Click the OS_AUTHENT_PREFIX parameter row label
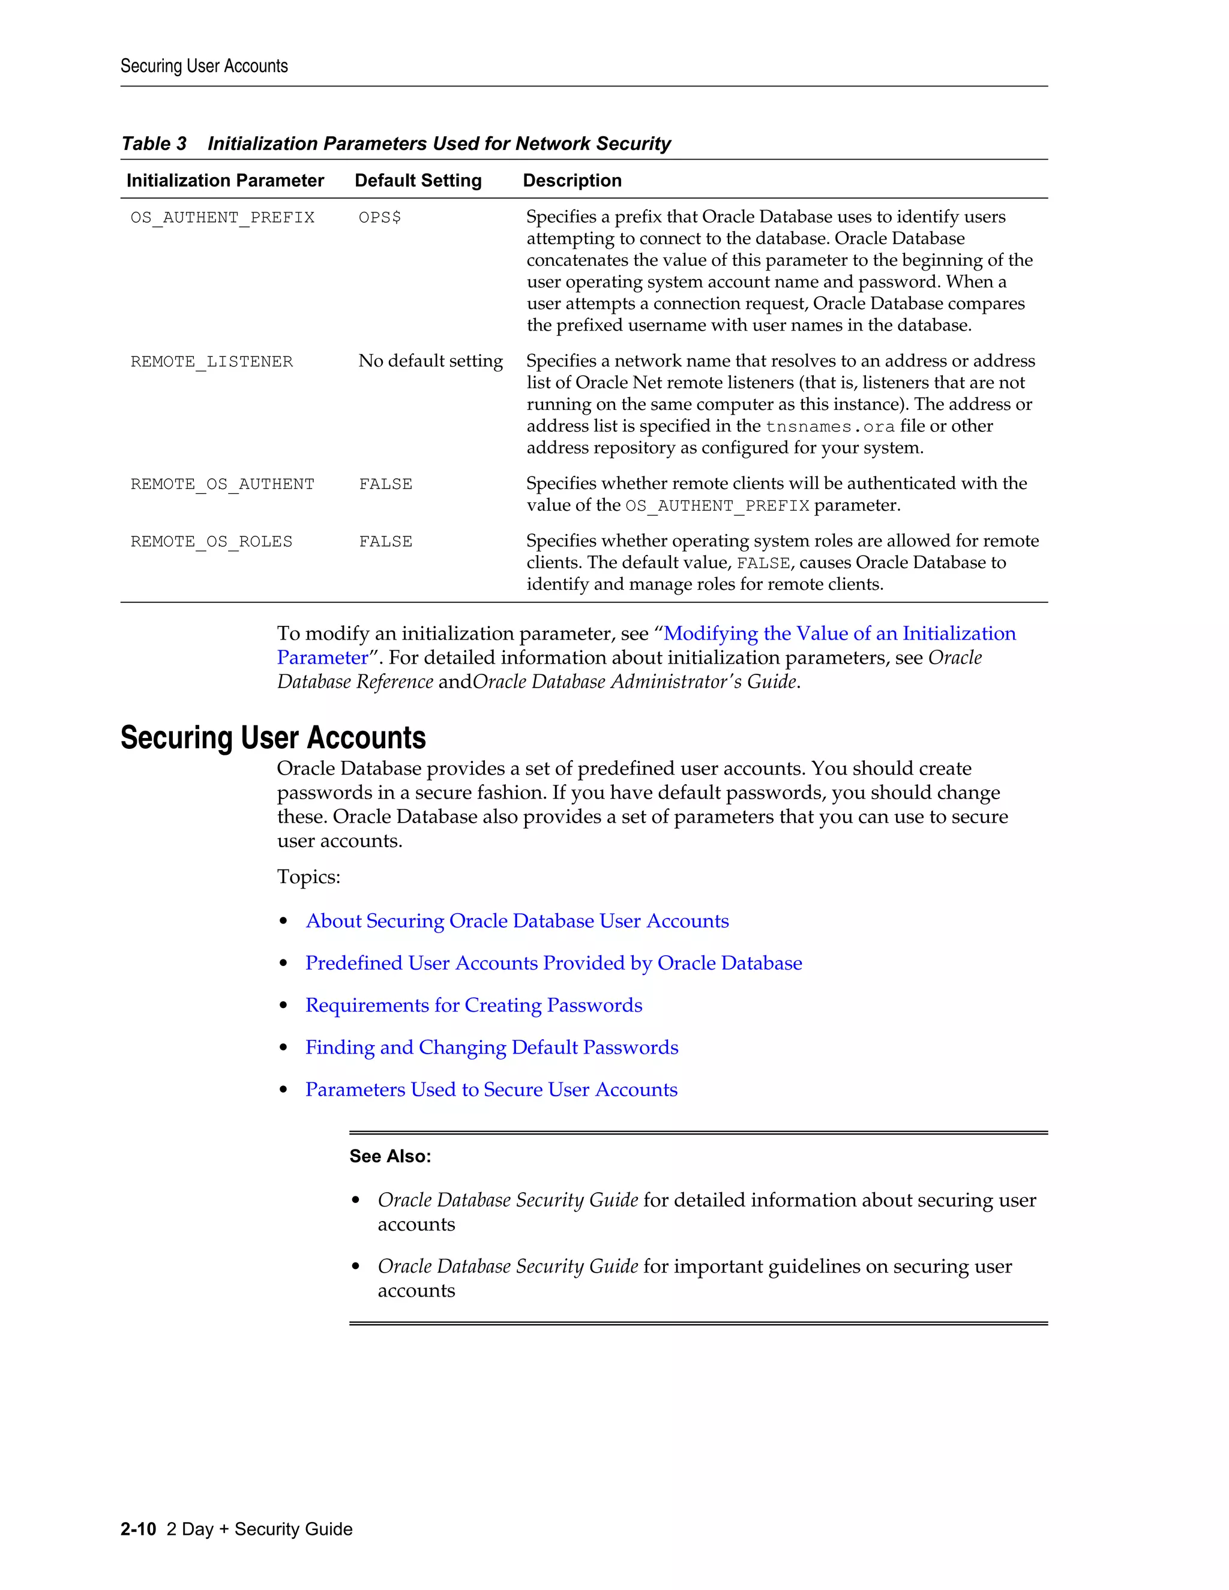click(x=222, y=218)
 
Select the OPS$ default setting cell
click(x=379, y=218)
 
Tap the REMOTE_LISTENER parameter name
click(x=211, y=362)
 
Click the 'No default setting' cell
click(x=430, y=361)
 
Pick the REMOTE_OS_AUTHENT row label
click(x=222, y=484)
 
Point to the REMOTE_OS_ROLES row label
click(x=211, y=542)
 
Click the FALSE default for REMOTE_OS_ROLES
click(x=385, y=542)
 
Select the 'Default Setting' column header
click(x=418, y=181)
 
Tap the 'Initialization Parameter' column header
click(x=225, y=181)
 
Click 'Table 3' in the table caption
click(x=154, y=143)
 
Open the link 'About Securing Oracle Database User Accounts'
click(x=517, y=921)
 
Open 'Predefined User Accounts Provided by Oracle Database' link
click(x=553, y=963)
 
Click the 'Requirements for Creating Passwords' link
click(x=473, y=1006)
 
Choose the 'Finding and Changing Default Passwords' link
click(x=491, y=1048)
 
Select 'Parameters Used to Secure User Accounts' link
click(x=491, y=1090)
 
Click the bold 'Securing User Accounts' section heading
click(x=273, y=737)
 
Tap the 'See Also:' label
click(x=390, y=1156)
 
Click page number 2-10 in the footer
click(x=139, y=1529)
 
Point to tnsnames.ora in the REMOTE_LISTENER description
click(x=830, y=427)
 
